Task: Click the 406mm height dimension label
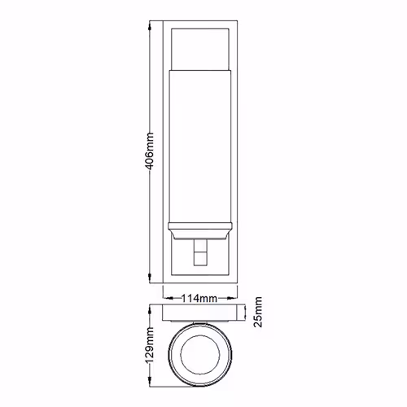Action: [x=150, y=151]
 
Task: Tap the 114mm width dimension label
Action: [x=199, y=299]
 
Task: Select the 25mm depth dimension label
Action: [x=258, y=312]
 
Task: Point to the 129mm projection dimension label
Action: [x=150, y=344]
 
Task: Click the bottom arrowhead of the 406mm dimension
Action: [x=150, y=278]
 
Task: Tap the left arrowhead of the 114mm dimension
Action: [x=168, y=299]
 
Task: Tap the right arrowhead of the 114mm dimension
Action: [x=232, y=299]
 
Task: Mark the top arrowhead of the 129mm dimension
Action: [x=150, y=310]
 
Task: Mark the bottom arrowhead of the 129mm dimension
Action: [x=150, y=381]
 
